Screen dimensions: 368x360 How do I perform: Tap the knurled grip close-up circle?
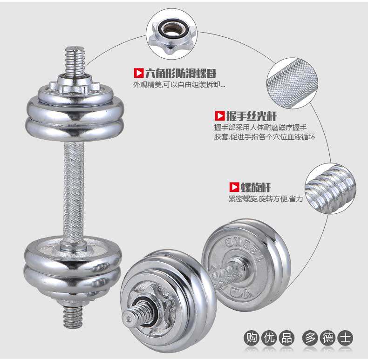292,83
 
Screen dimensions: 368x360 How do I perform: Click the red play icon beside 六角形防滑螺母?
138,73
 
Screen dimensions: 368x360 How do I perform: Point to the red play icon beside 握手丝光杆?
220,116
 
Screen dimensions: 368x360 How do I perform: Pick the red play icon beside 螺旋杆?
234,187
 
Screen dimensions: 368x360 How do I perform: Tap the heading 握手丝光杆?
252,116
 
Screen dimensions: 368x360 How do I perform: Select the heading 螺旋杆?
255,187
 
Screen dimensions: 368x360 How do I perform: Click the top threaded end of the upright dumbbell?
75,61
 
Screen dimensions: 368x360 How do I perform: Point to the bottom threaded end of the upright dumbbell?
73,317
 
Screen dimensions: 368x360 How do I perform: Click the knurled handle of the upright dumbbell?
74,192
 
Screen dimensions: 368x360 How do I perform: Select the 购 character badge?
252,338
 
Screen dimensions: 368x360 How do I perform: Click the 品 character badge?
286,338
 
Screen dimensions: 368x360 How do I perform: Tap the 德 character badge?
327,338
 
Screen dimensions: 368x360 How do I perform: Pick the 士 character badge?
345,338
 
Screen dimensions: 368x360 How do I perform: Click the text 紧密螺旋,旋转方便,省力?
266,199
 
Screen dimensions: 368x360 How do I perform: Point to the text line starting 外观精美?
179,85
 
